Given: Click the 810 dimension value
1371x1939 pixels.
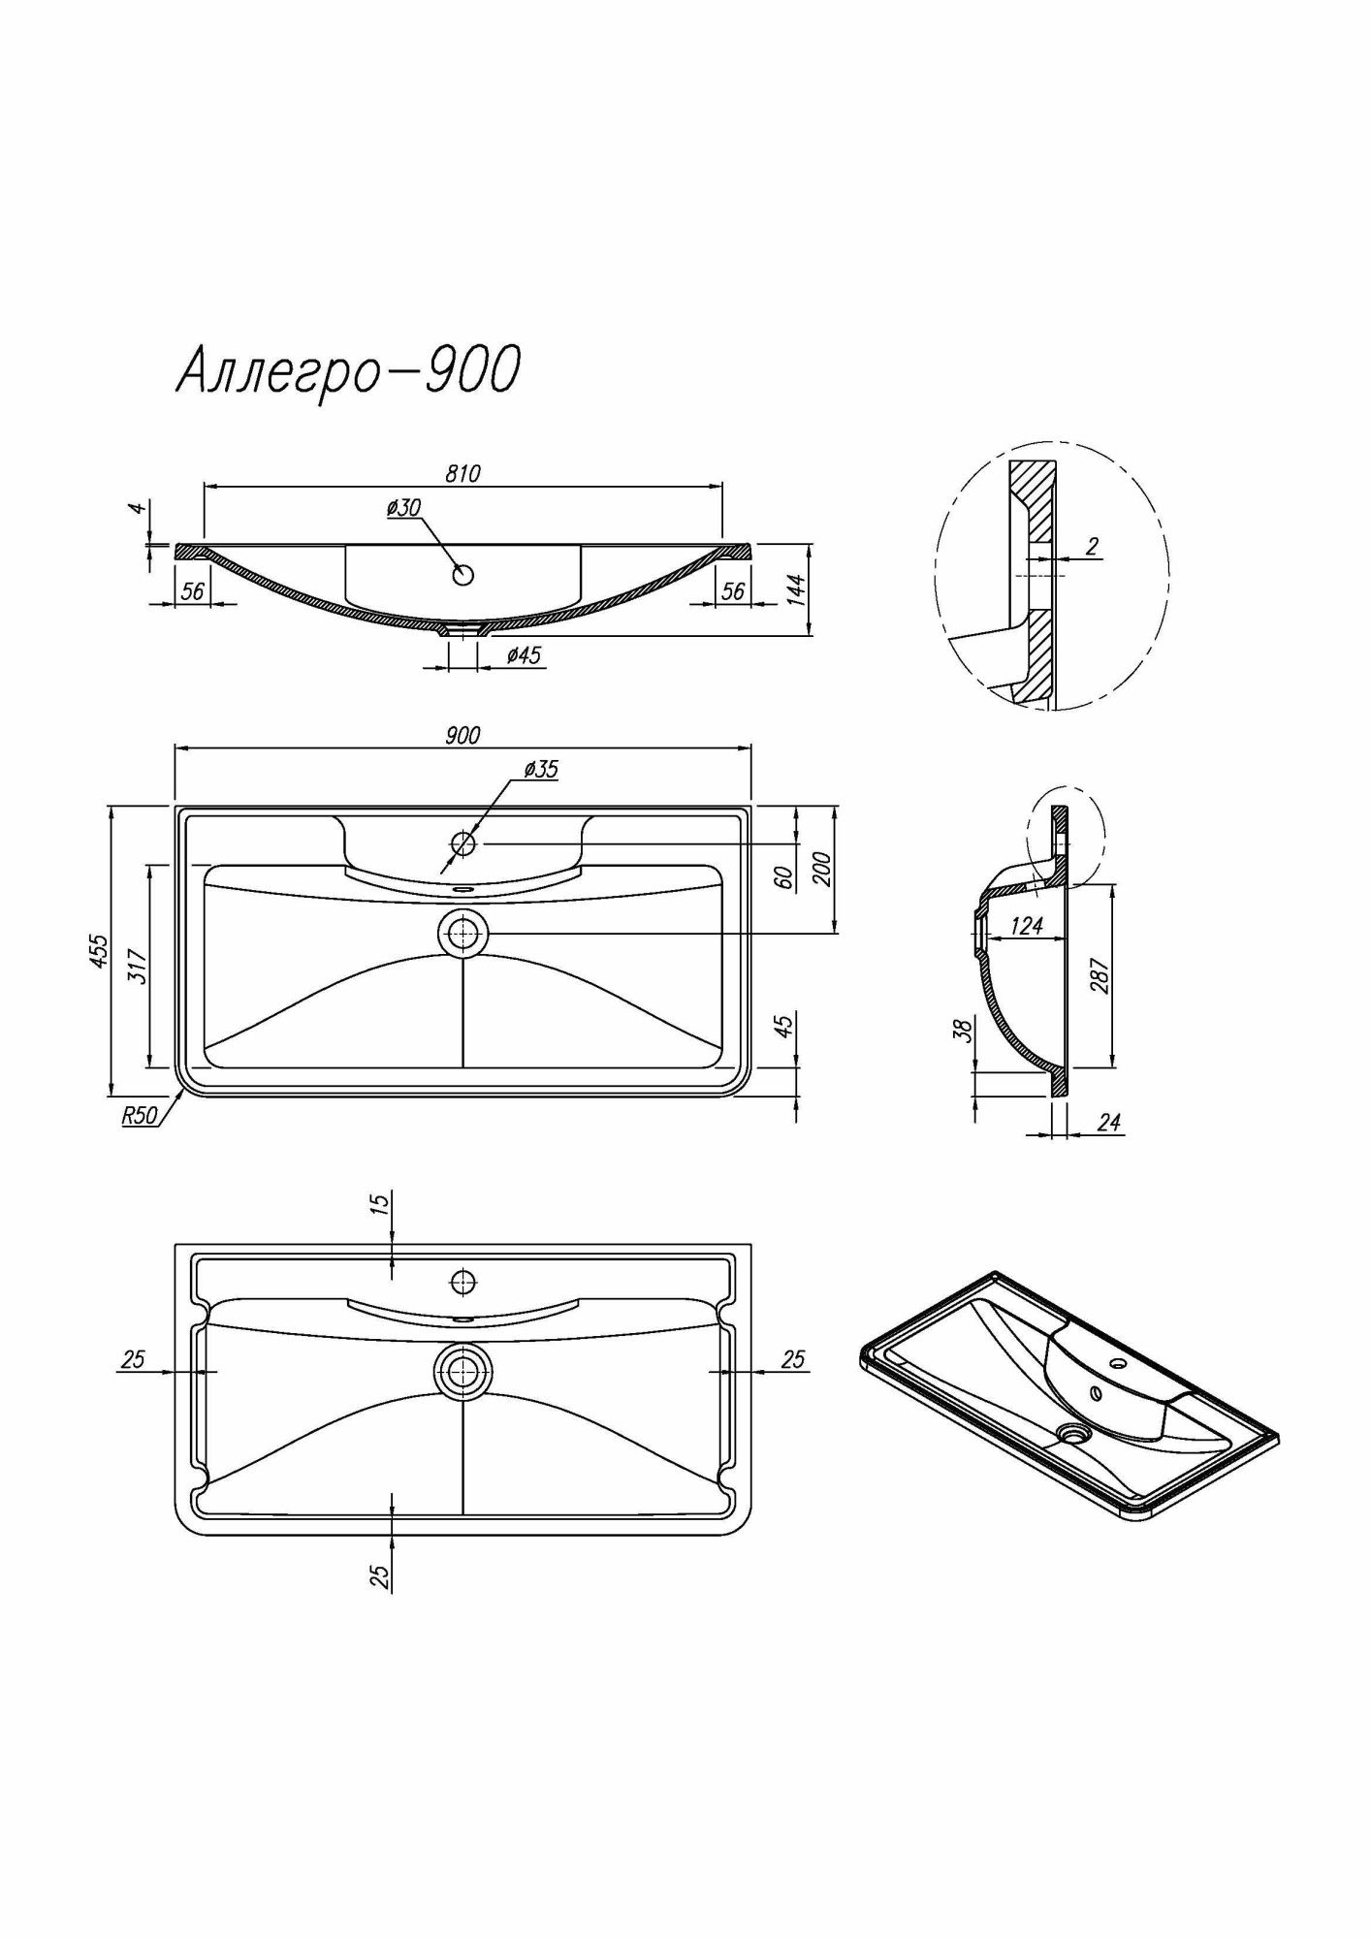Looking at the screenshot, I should (x=462, y=473).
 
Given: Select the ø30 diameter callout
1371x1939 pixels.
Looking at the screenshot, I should (x=402, y=507).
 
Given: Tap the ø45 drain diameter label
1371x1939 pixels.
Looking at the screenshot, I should (x=524, y=655).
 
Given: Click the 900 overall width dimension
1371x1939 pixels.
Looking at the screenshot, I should (x=462, y=735).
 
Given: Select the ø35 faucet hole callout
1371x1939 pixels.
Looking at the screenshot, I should (x=540, y=769).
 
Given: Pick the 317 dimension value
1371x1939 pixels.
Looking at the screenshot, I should (x=137, y=967).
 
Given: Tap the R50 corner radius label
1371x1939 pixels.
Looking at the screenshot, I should (x=139, y=1116).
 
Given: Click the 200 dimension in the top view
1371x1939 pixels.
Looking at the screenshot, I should (x=821, y=869).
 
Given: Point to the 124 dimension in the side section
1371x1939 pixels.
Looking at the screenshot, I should (x=1026, y=926).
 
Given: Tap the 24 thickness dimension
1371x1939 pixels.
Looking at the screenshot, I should (x=1108, y=1123).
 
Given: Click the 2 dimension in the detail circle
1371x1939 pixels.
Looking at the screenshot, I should (x=1092, y=546).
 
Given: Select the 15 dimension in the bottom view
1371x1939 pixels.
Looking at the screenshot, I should (x=380, y=1203).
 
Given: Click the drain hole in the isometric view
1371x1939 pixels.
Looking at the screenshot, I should (x=1074, y=1431).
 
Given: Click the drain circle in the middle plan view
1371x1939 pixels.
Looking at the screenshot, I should (x=463, y=934).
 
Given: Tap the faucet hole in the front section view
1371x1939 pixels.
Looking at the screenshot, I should (x=463, y=574).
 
